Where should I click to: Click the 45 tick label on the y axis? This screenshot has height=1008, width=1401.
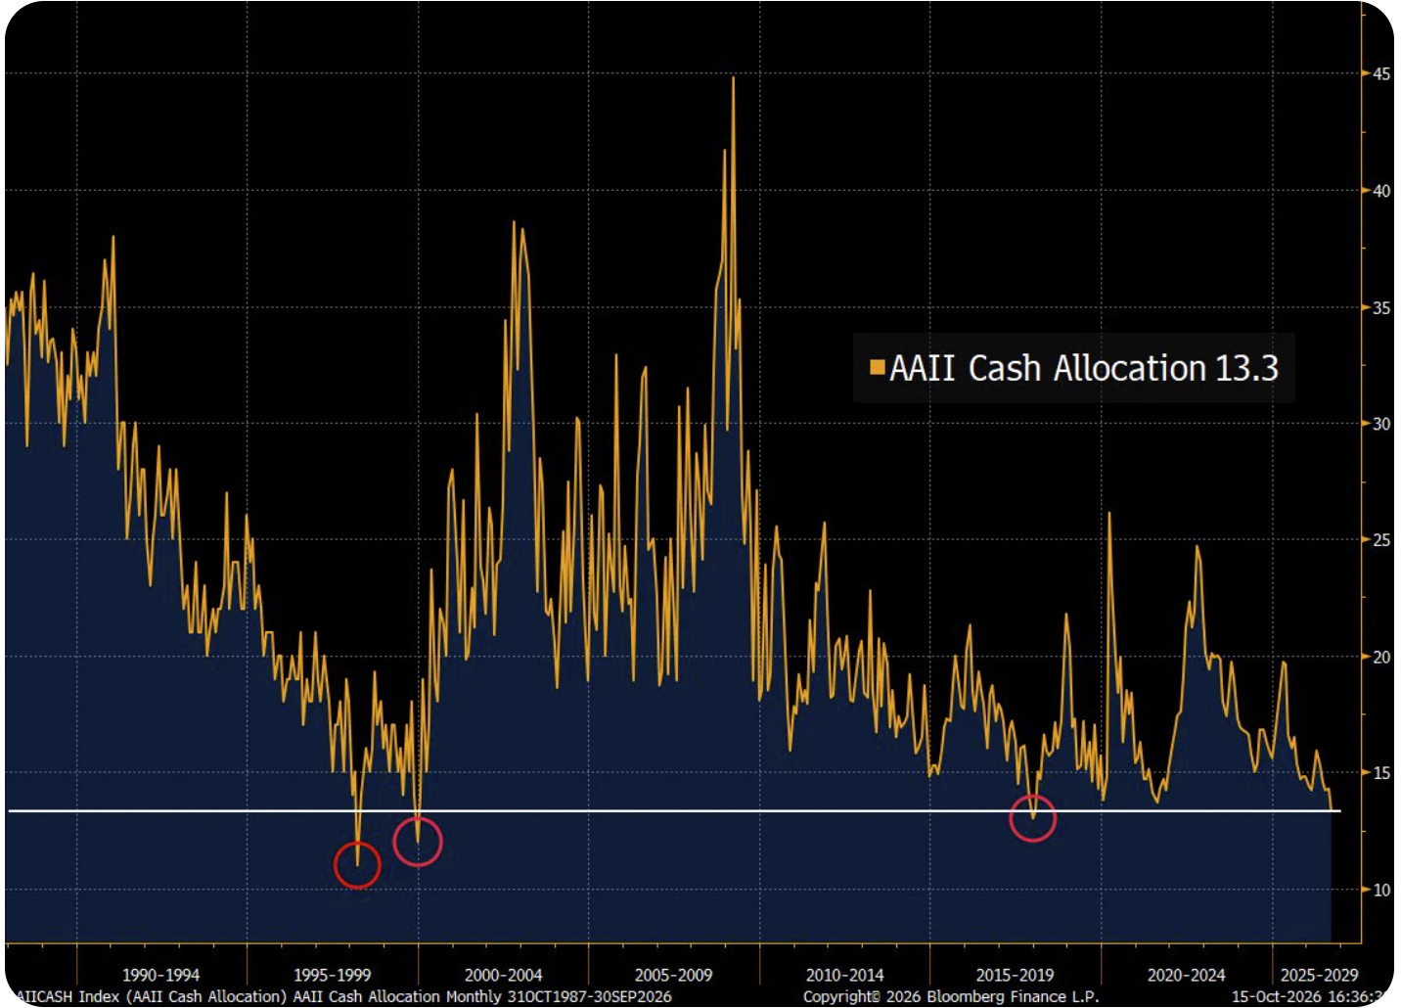[1381, 73]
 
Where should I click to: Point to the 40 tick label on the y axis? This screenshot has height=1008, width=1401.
[1381, 190]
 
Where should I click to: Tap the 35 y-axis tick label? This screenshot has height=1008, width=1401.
[1381, 307]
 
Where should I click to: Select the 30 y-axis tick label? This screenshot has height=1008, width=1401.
[1381, 424]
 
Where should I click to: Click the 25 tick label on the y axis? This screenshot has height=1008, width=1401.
[1381, 540]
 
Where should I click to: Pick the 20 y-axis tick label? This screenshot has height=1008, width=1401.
[1381, 657]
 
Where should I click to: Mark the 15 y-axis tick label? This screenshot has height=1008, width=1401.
[1381, 773]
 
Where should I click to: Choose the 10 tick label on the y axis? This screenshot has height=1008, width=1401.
[1381, 890]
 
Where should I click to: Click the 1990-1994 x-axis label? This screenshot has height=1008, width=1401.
[160, 975]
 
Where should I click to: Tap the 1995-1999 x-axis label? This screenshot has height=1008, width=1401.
[332, 975]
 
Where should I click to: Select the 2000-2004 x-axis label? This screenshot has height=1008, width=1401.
[503, 975]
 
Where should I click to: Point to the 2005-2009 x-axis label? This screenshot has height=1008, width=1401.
[674, 975]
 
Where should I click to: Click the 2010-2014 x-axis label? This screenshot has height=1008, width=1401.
[844, 975]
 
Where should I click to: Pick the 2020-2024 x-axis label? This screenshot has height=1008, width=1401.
[1186, 975]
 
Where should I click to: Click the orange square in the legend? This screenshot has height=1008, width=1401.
[877, 367]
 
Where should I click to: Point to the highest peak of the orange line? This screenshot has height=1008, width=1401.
[733, 77]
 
